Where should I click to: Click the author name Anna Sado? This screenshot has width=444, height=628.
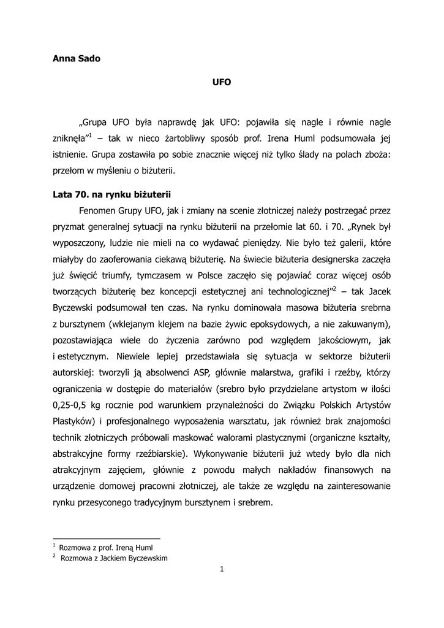click(x=77, y=59)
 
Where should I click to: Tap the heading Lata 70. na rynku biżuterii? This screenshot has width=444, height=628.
click(x=113, y=196)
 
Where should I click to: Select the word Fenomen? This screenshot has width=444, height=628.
click(x=99, y=212)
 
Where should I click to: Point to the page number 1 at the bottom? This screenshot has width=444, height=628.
click(x=222, y=569)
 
